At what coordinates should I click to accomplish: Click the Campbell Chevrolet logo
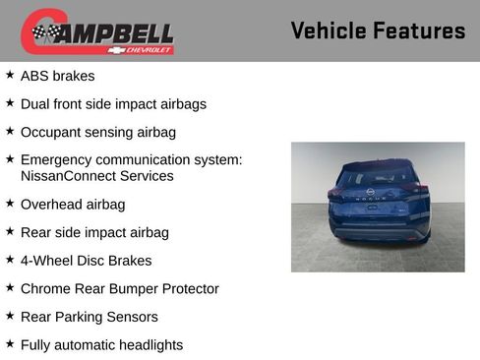pos(97,31)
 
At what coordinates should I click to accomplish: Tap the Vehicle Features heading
pos(378,31)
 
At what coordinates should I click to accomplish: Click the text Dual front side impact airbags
pos(113,103)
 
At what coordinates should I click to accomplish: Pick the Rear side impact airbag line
pos(94,232)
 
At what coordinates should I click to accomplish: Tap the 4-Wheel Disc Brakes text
pos(87,261)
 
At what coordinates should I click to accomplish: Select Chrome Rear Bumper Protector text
pos(119,288)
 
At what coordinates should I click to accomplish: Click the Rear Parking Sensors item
pos(89,317)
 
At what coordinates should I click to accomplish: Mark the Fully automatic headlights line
pos(101,344)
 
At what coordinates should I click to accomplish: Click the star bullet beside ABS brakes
pos(10,75)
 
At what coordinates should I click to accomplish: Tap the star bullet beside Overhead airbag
pos(10,204)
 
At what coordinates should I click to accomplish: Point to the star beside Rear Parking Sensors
pos(10,316)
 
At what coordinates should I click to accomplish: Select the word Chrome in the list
pos(45,288)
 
